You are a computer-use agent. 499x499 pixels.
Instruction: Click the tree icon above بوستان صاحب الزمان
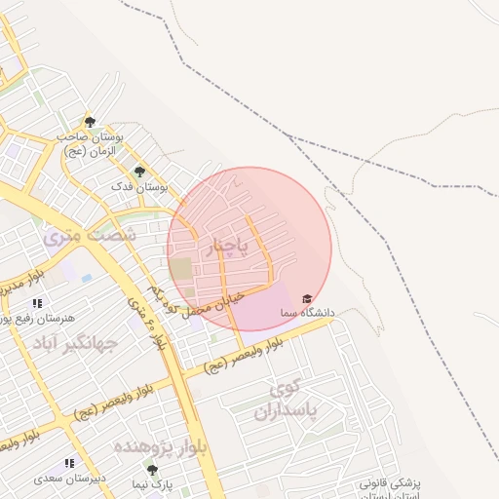[x=90, y=122]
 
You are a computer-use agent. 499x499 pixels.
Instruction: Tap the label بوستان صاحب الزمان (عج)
[x=91, y=144]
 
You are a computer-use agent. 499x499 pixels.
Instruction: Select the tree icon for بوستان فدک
[x=139, y=172]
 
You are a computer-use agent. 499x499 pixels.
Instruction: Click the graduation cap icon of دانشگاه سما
[x=307, y=298]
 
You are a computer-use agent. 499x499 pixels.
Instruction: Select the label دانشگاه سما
[x=306, y=313]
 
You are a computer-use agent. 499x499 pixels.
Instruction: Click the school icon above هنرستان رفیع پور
[x=37, y=304]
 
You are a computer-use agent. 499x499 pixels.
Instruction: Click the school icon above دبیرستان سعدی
[x=69, y=464]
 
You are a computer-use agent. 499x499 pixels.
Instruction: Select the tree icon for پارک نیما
[x=151, y=469]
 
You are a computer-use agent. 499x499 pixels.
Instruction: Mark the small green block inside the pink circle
[x=182, y=267]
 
